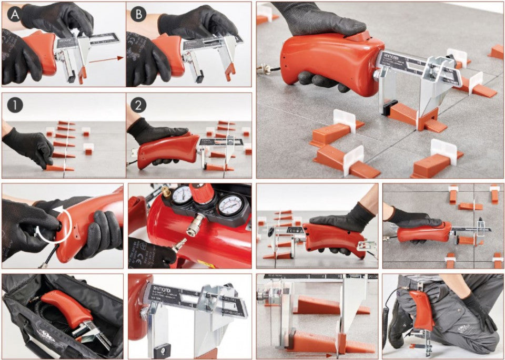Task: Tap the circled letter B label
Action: pos(138,14)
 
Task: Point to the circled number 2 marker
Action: pos(138,105)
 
